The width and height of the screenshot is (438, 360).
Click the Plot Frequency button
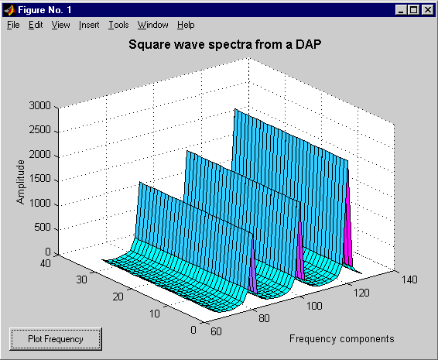pos(56,339)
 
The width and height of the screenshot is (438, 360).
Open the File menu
pos(13,25)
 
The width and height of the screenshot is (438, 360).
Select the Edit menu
pos(36,25)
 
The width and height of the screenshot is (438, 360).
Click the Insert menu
pos(89,25)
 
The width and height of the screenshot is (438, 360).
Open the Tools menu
pos(118,25)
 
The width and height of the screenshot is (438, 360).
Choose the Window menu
pos(152,25)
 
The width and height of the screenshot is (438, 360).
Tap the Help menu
pos(186,25)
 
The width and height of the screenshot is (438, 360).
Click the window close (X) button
pos(428,10)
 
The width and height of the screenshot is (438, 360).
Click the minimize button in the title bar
pos(402,10)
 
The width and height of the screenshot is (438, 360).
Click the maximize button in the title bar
pos(414,10)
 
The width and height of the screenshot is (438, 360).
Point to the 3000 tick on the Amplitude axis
pos(40,105)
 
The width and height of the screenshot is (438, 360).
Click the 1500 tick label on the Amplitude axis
pos(40,178)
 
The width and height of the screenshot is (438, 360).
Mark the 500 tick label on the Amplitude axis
pos(43,228)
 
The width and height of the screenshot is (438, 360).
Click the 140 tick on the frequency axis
pos(409,279)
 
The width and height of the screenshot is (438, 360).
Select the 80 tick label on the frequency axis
pos(264,318)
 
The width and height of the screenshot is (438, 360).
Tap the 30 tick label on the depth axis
pos(81,279)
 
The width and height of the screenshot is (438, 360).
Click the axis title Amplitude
pos(20,182)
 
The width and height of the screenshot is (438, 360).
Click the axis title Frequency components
pos(341,339)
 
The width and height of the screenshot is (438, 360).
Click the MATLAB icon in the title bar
pos(10,10)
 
